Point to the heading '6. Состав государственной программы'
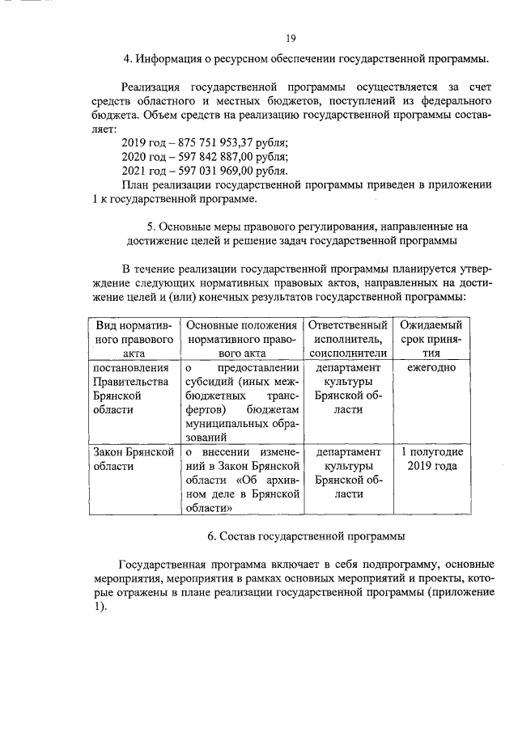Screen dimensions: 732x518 pos(306,536)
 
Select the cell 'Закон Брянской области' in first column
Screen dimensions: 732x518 pos(134,459)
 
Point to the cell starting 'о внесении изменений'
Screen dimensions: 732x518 pos(242,480)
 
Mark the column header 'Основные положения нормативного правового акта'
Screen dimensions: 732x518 pos(242,338)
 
